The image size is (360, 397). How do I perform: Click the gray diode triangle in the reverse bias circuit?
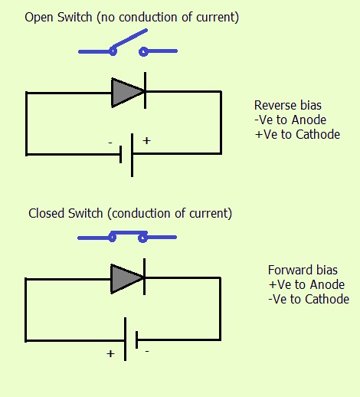pyautogui.click(x=125, y=93)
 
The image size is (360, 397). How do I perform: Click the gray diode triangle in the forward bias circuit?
pyautogui.click(x=125, y=279)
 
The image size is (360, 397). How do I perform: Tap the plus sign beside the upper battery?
pyautogui.click(x=147, y=140)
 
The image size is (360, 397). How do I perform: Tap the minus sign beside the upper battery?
pyautogui.click(x=110, y=143)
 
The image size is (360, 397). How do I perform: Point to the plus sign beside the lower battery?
pyautogui.click(x=110, y=354)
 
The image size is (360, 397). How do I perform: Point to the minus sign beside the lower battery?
pyautogui.click(x=147, y=352)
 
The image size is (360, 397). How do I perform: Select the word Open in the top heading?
pyautogui.click(x=39, y=18)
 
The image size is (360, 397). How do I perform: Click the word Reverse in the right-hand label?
pyautogui.click(x=275, y=105)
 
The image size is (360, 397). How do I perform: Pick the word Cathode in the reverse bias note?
pyautogui.click(x=318, y=135)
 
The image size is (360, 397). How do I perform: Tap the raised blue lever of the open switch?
pyautogui.click(x=129, y=40)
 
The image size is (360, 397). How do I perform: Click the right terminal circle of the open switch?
pyautogui.click(x=143, y=51)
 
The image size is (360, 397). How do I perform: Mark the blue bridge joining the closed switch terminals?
pyautogui.click(x=128, y=233)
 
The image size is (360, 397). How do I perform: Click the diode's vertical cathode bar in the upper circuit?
pyautogui.click(x=145, y=90)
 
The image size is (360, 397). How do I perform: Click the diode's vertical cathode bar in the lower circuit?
pyautogui.click(x=145, y=277)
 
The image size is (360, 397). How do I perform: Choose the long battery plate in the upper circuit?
pyautogui.click(x=132, y=155)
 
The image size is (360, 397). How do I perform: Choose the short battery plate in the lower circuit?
pyautogui.click(x=137, y=340)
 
